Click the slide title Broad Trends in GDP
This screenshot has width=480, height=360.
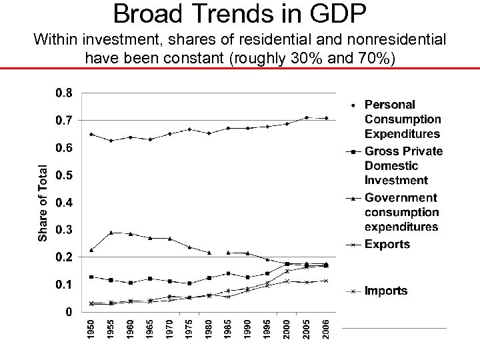[x=239, y=13]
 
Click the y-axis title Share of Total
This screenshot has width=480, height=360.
[x=43, y=203]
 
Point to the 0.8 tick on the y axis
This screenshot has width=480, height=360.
[x=65, y=93]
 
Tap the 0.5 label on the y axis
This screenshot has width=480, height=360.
[x=65, y=175]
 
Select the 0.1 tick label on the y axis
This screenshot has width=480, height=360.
[x=65, y=284]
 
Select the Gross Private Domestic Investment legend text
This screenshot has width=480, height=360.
[x=403, y=165]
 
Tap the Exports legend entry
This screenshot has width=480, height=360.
[x=387, y=244]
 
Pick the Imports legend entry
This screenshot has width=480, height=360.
[x=385, y=291]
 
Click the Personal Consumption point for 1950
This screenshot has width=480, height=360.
[x=91, y=134]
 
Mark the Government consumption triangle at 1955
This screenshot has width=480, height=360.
[x=111, y=232]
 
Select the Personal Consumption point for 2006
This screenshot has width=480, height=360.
[x=326, y=118]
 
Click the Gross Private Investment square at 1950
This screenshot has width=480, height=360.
[x=91, y=277]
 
